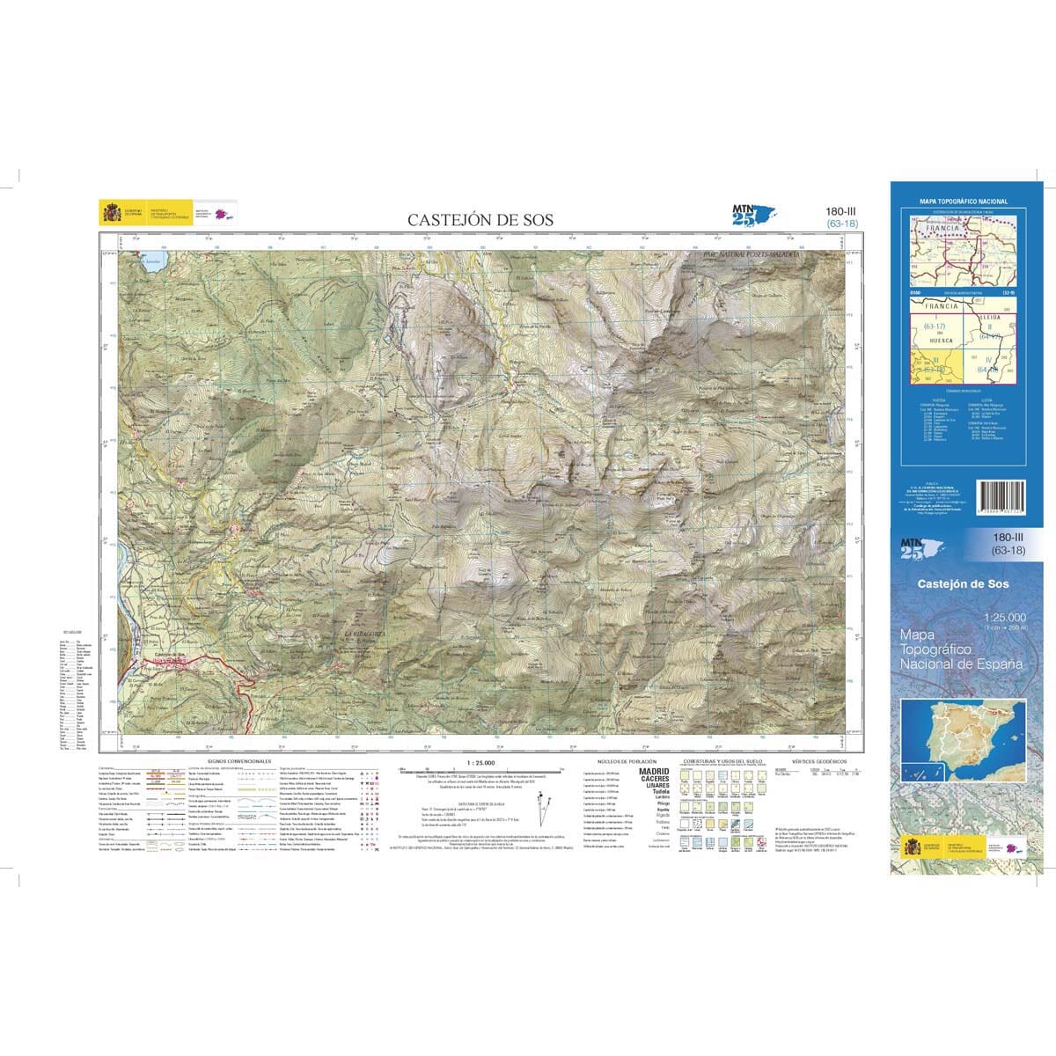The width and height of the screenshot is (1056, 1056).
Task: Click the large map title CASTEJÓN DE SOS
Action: click(x=480, y=220)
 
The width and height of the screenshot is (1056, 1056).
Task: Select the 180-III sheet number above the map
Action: click(x=841, y=210)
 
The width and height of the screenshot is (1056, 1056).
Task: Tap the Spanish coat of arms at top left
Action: click(x=114, y=213)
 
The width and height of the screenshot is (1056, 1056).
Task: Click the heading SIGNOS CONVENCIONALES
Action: click(x=238, y=760)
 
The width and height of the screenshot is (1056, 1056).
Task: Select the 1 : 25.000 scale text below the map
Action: click(x=481, y=762)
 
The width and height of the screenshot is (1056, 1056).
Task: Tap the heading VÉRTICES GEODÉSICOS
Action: click(x=818, y=760)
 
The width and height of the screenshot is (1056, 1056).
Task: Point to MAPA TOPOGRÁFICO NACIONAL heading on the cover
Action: click(x=963, y=202)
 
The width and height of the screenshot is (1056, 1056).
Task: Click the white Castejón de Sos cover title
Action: click(x=963, y=584)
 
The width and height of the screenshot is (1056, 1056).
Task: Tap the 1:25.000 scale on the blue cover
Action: click(x=1003, y=619)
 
